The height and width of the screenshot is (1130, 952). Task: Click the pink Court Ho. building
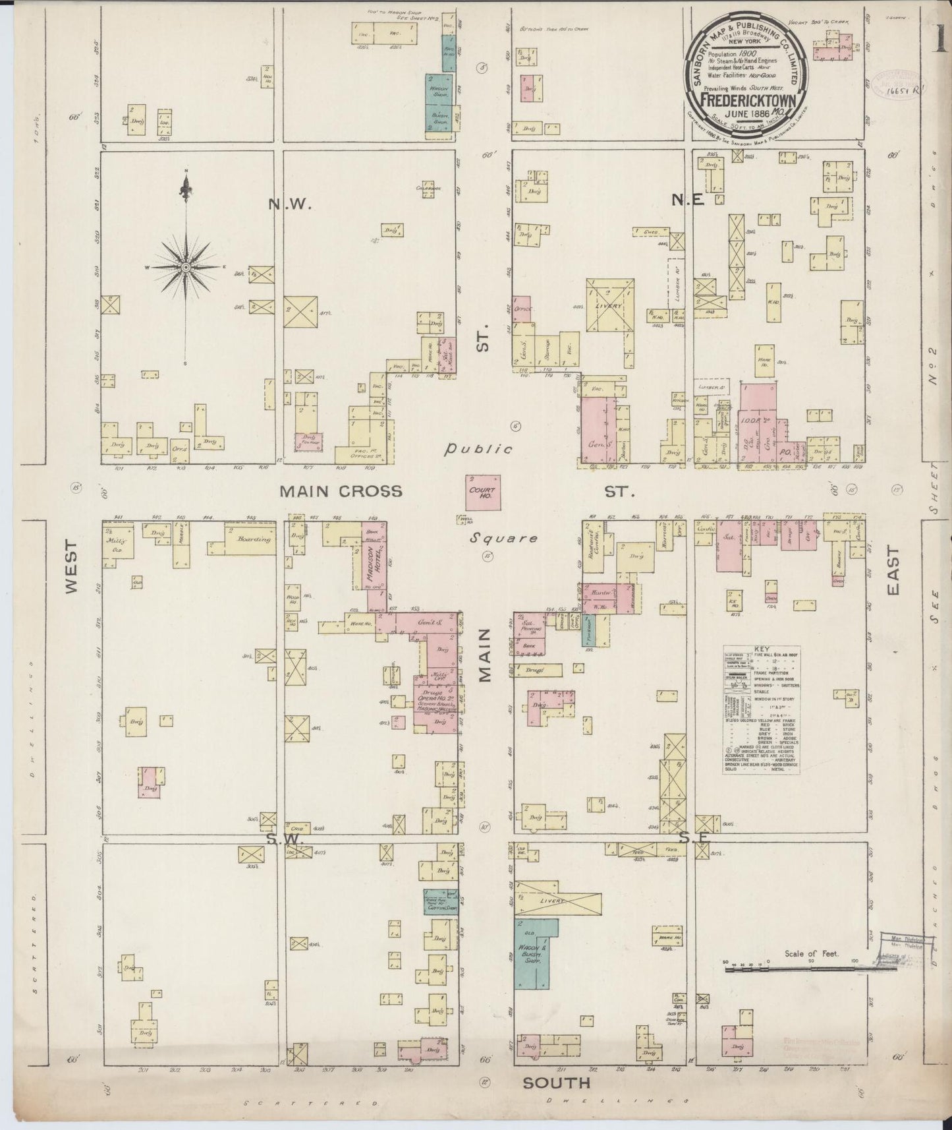[x=483, y=492]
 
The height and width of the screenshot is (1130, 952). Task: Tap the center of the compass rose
[x=186, y=267]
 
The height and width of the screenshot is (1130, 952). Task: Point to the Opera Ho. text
[x=435, y=698]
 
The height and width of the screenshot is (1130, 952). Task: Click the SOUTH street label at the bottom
[x=557, y=1083]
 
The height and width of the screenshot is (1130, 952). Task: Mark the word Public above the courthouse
[x=478, y=450]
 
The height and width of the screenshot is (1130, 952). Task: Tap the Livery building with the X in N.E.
[x=611, y=305]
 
